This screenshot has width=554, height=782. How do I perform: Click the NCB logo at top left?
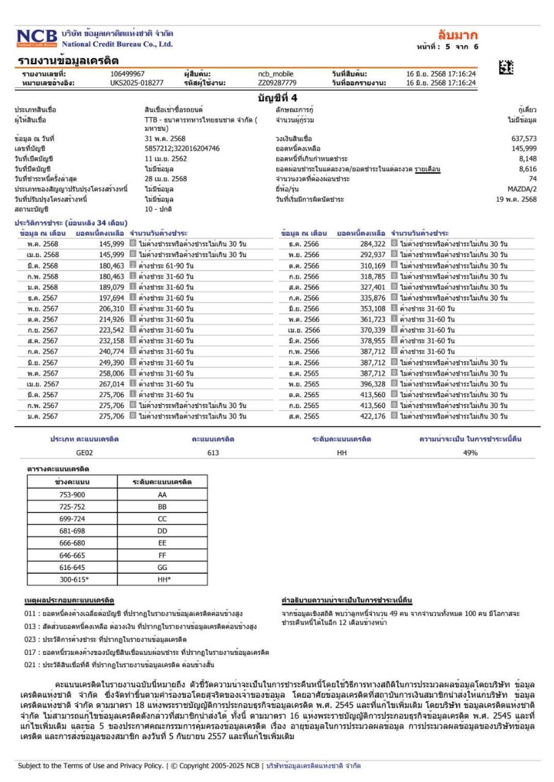pos(37,38)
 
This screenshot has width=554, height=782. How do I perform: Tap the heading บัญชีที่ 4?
pos(277,97)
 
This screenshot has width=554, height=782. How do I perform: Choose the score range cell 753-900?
pos(72,494)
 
